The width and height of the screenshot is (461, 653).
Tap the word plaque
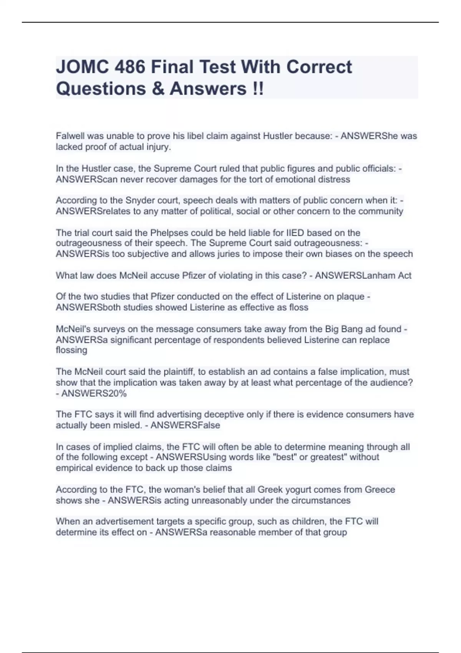click(350, 297)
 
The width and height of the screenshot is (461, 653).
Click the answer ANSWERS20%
click(94, 393)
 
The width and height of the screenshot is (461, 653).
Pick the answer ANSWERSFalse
click(185, 425)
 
